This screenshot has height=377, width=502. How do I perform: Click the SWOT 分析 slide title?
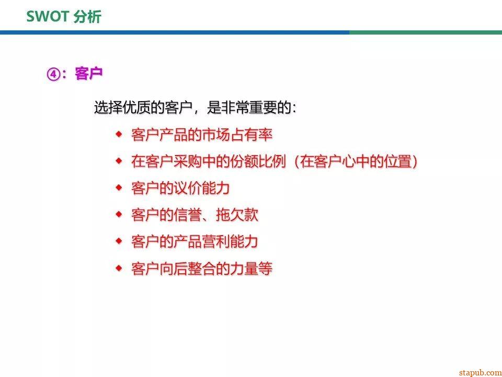pyautogui.click(x=64, y=17)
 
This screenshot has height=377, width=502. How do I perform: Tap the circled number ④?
pyautogui.click(x=53, y=74)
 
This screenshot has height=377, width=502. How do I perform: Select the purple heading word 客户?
pyautogui.click(x=89, y=73)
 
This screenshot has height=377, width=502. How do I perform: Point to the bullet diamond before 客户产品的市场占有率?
pyautogui.click(x=119, y=134)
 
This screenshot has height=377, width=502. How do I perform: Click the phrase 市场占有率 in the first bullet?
pyautogui.click(x=237, y=135)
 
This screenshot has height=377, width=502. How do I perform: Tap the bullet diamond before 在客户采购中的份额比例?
pyautogui.click(x=119, y=161)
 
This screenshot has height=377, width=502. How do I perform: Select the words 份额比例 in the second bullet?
pyautogui.click(x=258, y=161)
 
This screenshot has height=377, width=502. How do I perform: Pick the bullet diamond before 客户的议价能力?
pyautogui.click(x=119, y=187)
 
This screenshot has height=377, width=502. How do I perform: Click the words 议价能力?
pyautogui.click(x=202, y=188)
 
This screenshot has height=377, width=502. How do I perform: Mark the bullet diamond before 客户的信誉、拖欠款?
pyautogui.click(x=119, y=214)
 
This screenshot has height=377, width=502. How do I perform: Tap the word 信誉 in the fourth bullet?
pyautogui.click(x=188, y=215)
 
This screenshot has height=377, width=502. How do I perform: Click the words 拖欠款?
pyautogui.click(x=237, y=215)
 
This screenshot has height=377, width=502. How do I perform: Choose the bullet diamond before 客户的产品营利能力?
pyautogui.click(x=119, y=241)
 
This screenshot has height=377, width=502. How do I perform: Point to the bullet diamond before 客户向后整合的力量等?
pyautogui.click(x=119, y=268)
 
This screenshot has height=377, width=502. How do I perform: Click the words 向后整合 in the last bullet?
pyautogui.click(x=188, y=269)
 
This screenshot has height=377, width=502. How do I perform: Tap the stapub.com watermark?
pyautogui.click(x=480, y=372)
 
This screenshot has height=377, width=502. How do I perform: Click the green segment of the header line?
pyautogui.click(x=426, y=32)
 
